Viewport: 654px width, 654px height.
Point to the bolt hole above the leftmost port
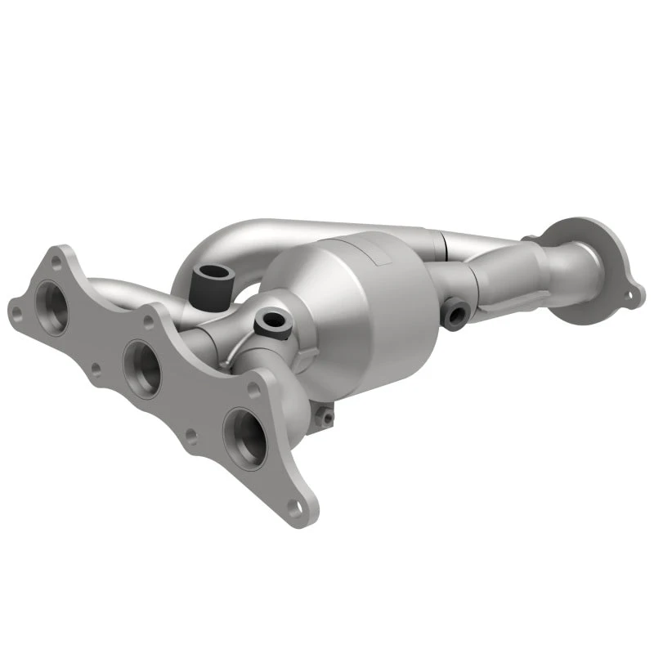(55, 262)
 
